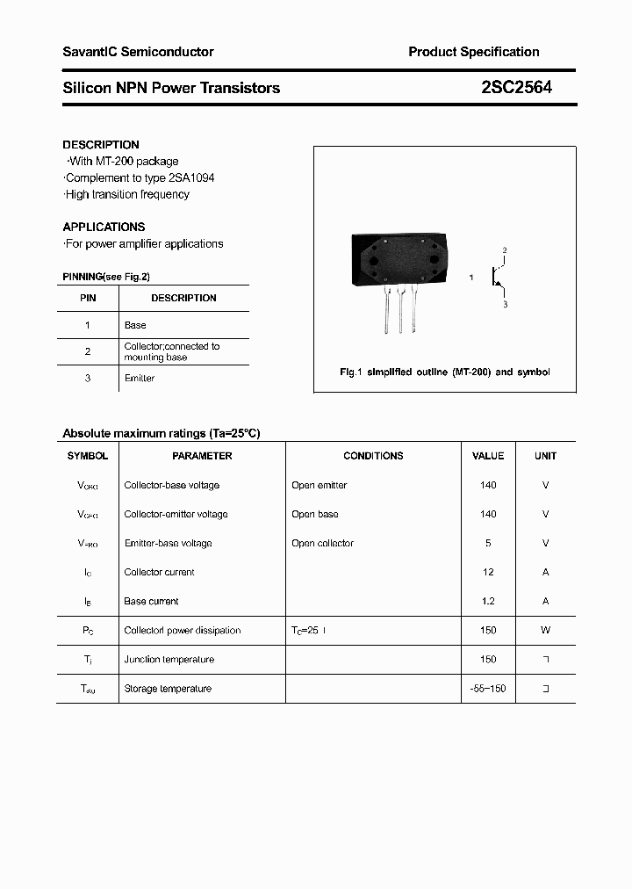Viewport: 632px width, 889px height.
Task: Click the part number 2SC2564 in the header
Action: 516,87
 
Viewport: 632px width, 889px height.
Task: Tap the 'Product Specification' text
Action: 473,52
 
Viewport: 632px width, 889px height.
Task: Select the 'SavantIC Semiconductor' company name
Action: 138,52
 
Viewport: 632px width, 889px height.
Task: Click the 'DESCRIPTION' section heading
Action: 101,144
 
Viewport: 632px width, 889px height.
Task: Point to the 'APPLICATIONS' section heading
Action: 104,227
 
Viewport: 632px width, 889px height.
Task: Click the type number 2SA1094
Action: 190,177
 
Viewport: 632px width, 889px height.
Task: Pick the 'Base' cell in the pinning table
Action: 135,325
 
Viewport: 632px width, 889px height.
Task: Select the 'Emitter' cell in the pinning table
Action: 140,379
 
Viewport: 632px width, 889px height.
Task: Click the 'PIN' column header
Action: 88,298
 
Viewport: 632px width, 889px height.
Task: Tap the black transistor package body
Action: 400,260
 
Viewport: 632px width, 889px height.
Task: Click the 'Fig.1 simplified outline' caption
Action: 444,372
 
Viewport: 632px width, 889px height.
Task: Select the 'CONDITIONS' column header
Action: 373,456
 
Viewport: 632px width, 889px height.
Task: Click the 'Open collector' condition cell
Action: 322,543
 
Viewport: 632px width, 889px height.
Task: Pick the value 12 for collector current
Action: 488,572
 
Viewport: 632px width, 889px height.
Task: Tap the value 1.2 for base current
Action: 488,601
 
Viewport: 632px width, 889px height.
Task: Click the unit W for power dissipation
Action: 545,630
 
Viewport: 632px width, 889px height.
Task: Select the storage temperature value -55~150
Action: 488,689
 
